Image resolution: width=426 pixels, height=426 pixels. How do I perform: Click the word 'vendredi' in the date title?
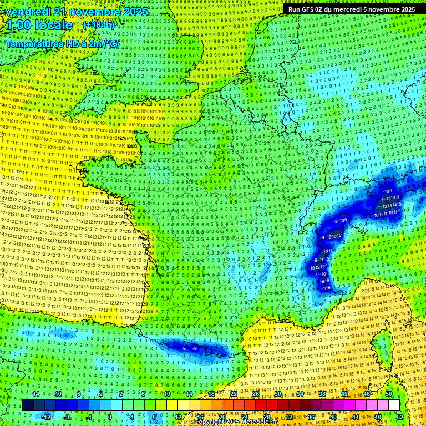click(29, 12)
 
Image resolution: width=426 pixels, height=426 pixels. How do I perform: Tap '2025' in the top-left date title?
click(136, 12)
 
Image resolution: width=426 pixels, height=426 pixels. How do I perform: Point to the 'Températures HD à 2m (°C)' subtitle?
click(62, 44)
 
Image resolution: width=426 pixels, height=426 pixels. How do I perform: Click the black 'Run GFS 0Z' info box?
click(351, 9)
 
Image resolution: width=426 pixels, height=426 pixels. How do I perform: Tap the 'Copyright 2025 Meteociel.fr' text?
click(235, 422)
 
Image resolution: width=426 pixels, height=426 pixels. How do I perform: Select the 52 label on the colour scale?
click(399, 417)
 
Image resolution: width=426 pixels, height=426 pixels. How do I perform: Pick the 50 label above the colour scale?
click(388, 394)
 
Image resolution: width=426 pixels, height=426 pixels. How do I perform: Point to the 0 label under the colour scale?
click(110, 417)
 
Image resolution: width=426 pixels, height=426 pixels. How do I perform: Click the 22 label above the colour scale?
click(234, 394)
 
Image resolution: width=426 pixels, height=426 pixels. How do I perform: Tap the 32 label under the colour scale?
click(288, 417)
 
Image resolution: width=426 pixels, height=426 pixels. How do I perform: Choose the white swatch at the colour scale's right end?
click(394, 405)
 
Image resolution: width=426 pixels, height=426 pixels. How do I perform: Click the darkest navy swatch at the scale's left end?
click(28, 405)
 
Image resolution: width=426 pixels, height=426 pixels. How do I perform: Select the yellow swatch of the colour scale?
click(172, 405)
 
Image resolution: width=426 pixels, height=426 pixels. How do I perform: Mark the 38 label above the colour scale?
click(322, 394)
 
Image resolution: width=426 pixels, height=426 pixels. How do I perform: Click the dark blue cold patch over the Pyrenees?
click(191, 347)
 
